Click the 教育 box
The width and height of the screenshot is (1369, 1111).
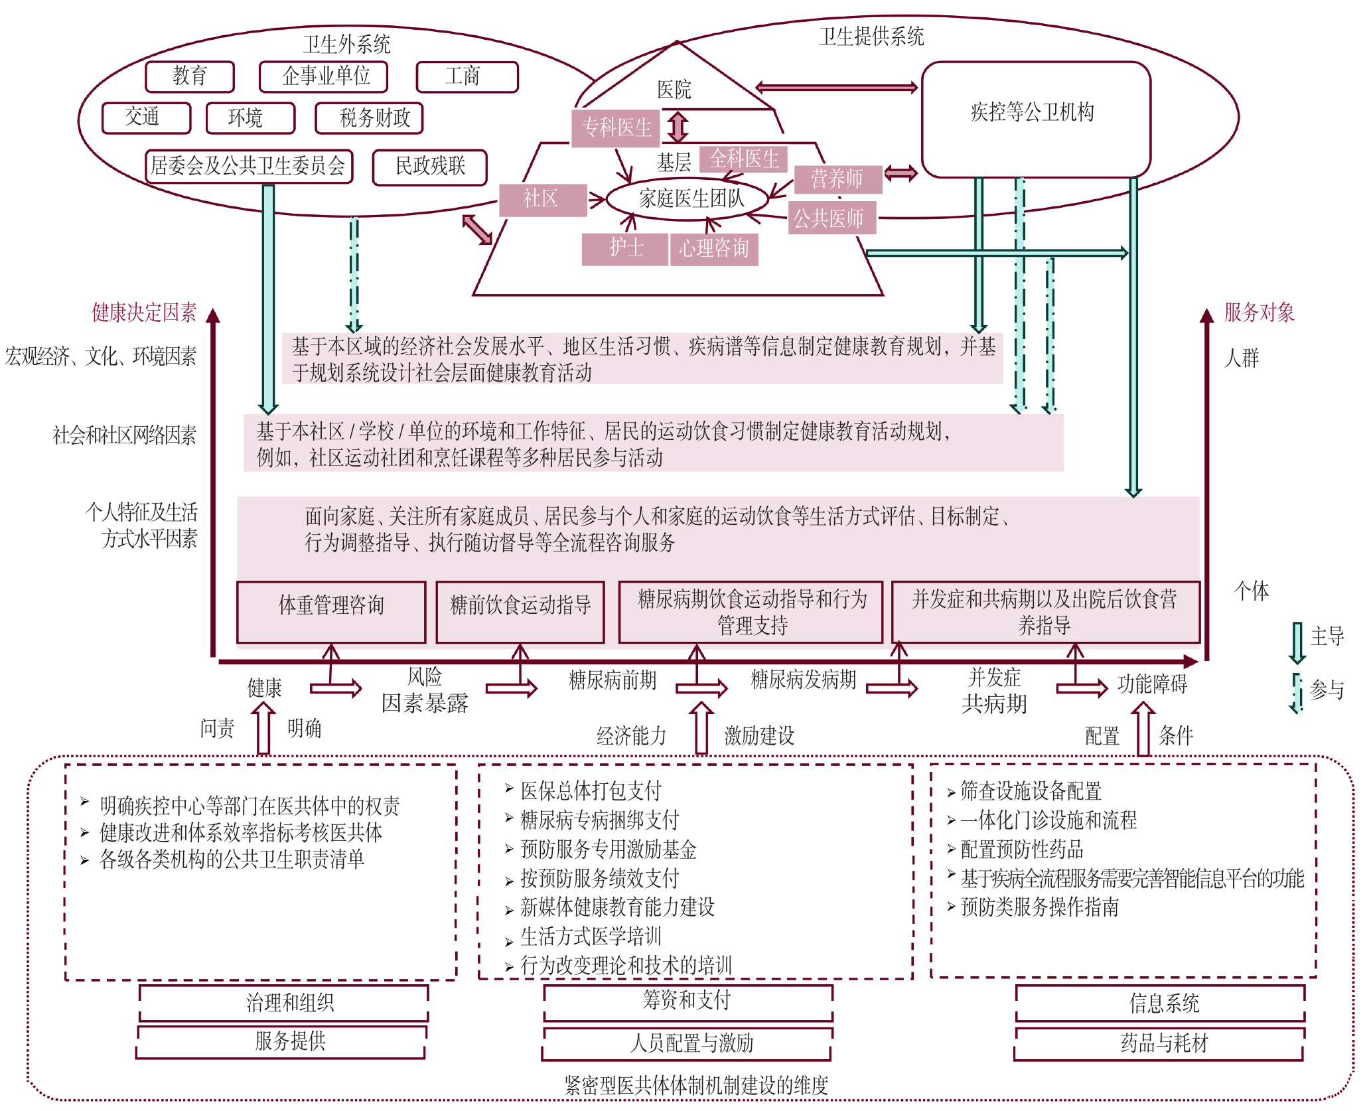pyautogui.click(x=190, y=76)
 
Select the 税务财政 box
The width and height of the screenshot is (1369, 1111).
pyautogui.click(x=369, y=118)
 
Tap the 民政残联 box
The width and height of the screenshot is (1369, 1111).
pyautogui.click(x=430, y=167)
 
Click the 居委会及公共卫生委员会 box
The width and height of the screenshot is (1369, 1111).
pyautogui.click(x=249, y=166)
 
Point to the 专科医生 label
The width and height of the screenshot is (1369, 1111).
pyautogui.click(x=616, y=127)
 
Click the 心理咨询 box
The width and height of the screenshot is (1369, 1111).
pyautogui.click(x=714, y=249)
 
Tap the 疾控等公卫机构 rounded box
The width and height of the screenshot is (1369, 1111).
pyautogui.click(x=1035, y=119)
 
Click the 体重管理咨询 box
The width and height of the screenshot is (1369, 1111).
pyautogui.click(x=331, y=612)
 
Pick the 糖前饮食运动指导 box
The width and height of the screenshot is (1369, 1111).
pyautogui.click(x=520, y=612)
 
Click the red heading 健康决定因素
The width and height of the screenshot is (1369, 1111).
pyautogui.click(x=144, y=312)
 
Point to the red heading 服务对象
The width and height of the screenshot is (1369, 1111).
pyautogui.click(x=1259, y=312)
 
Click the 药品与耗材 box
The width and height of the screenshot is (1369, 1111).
pyautogui.click(x=1160, y=1043)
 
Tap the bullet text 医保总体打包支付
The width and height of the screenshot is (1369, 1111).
pyautogui.click(x=591, y=790)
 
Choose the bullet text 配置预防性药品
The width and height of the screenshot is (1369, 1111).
pyautogui.click(x=1022, y=849)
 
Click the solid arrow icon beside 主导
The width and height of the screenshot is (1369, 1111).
pyautogui.click(x=1297, y=642)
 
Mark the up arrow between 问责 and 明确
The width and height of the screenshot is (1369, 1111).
pyautogui.click(x=263, y=728)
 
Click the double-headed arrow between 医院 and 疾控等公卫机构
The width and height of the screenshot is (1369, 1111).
pyautogui.click(x=836, y=87)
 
